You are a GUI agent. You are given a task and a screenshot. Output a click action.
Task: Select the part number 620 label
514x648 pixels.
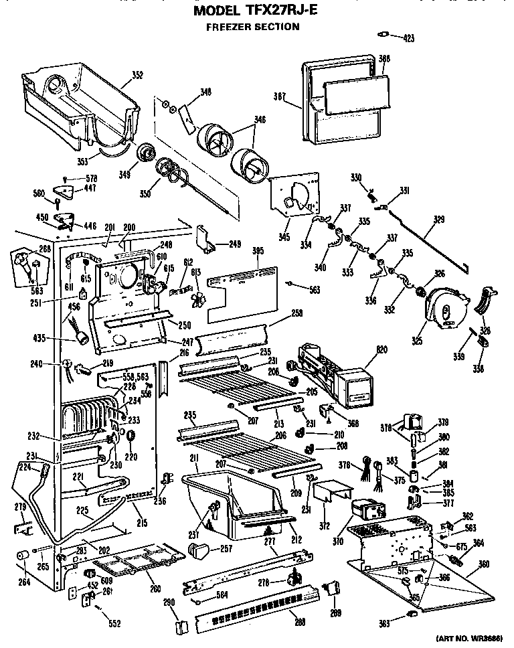(x=382, y=349)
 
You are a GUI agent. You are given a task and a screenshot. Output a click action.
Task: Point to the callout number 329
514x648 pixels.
(x=438, y=219)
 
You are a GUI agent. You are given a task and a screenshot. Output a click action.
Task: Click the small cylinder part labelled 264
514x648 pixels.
(x=22, y=557)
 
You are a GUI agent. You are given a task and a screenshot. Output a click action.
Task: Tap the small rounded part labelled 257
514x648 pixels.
(x=197, y=550)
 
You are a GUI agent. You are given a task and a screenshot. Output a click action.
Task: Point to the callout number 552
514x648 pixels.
(x=114, y=624)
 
